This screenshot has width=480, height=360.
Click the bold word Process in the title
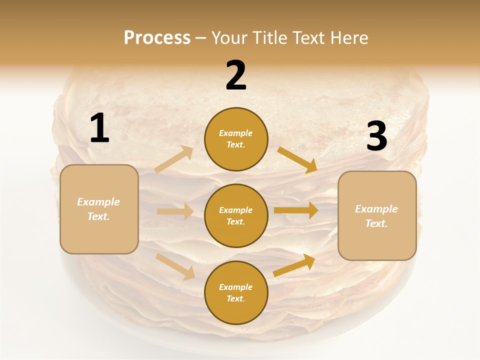pos(157,37)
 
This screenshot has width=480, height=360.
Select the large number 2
pos(236,75)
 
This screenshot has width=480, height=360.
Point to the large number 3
pos(376,136)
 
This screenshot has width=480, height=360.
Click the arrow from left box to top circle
pos(174,159)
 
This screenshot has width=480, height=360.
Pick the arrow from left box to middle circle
pos(175,211)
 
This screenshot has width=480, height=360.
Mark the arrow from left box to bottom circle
pos(175,266)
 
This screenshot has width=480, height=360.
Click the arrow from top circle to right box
pos(297,159)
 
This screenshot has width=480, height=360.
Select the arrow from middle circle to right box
pos(296,210)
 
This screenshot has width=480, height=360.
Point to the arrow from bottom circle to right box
pos(294,265)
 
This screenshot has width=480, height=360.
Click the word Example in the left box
pos(98,202)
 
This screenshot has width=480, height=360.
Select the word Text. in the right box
pos(376,223)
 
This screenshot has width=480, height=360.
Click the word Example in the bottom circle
pos(236,287)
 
